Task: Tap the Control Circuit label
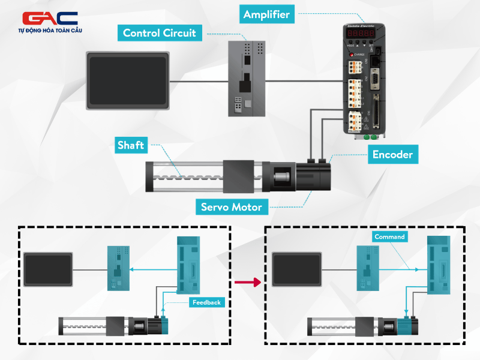coord(159,32)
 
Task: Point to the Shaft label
coord(130,145)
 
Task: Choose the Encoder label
coord(392,154)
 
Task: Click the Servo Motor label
coord(232,207)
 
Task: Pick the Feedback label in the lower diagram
coord(207,302)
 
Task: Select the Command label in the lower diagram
coord(389,236)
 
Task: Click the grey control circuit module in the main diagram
coord(247,77)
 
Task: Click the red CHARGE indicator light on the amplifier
coord(352,55)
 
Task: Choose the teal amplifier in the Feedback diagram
coord(191,263)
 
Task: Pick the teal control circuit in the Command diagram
coord(368,268)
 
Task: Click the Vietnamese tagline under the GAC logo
coord(50,30)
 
